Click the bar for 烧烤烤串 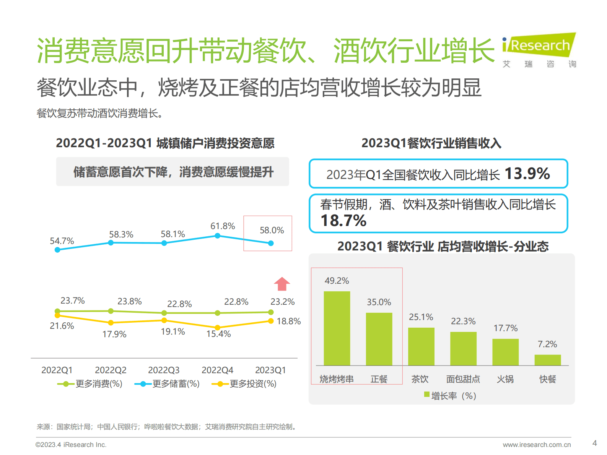point(337,328)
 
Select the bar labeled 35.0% point(379,339)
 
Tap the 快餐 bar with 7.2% point(547,360)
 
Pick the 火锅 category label point(505,379)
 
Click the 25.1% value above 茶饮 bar point(421,317)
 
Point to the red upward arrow point(282,284)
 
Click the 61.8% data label point(223,226)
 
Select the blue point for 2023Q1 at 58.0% point(271,243)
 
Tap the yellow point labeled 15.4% point(217,327)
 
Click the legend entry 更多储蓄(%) point(168,383)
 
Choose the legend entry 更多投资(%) point(244,383)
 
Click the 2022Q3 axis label point(164,370)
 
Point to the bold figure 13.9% point(527,174)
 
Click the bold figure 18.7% point(343,221)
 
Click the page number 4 point(594,443)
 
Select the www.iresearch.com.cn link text point(536,445)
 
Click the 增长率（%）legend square point(427,394)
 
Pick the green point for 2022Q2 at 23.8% point(111,311)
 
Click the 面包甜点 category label point(463,379)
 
